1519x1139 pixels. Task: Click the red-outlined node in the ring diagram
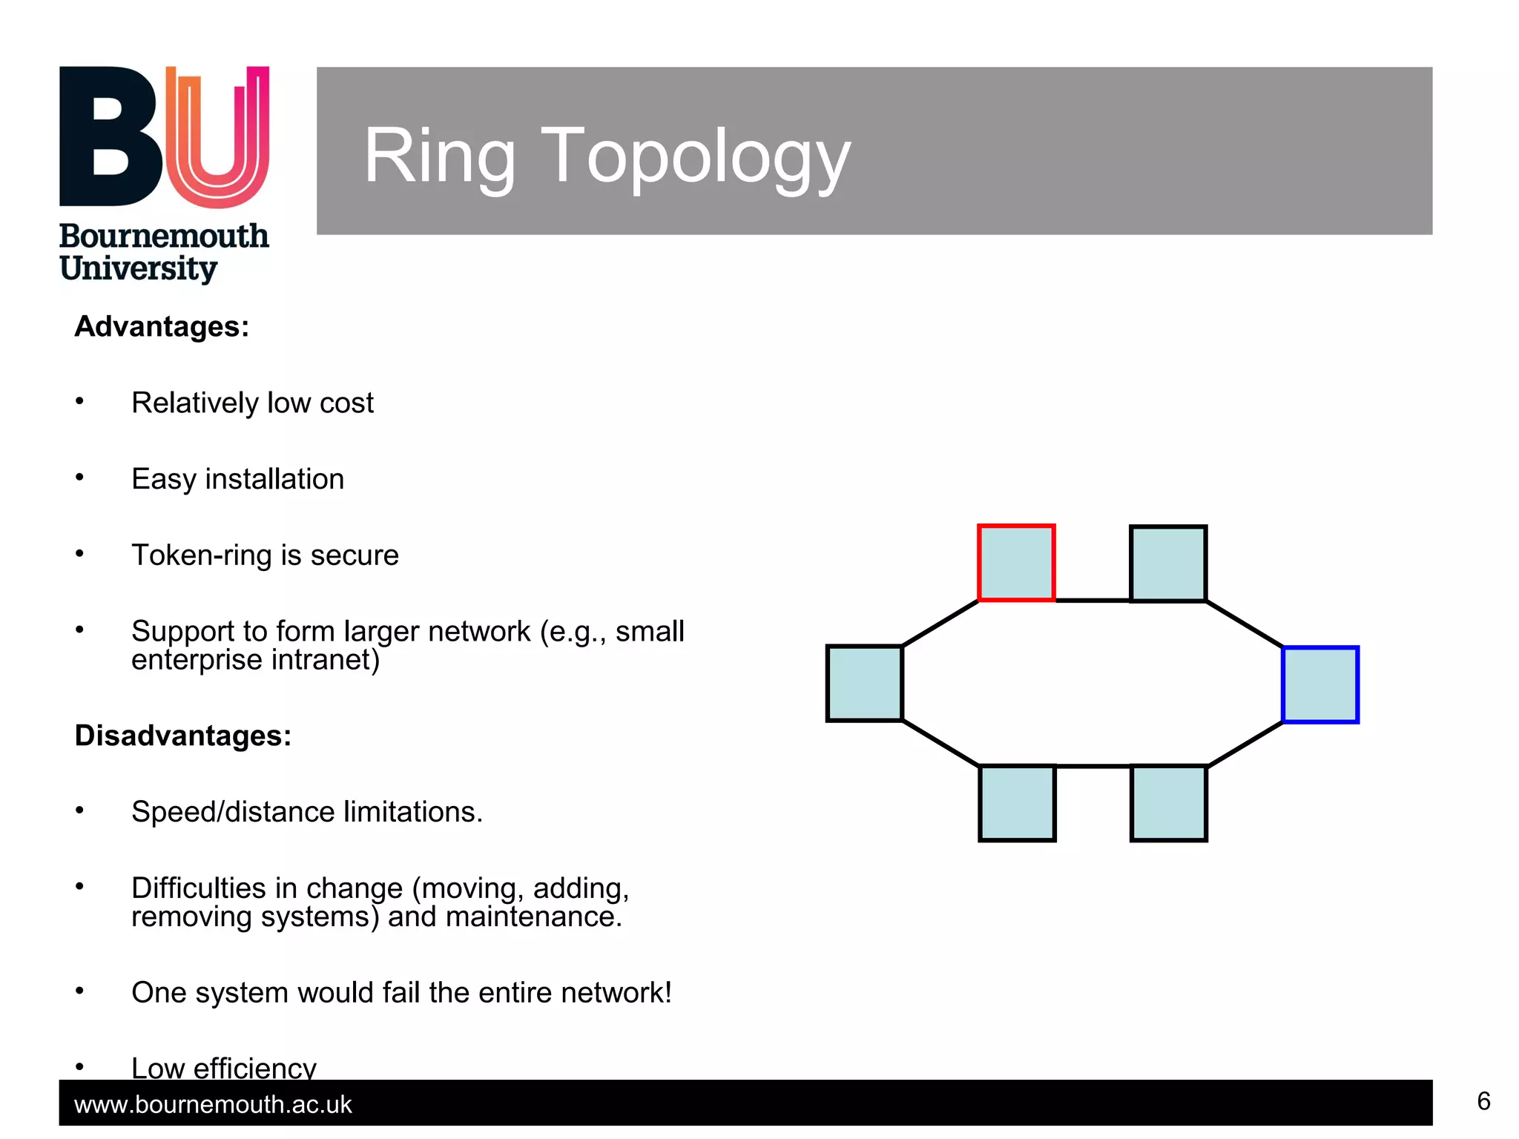(1016, 563)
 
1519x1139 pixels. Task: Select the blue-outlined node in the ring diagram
(1320, 684)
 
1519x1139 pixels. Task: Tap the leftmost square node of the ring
(865, 683)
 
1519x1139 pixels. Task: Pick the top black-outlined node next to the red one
(1168, 564)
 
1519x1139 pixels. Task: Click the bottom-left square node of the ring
(1017, 803)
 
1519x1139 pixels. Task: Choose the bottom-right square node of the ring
(1169, 803)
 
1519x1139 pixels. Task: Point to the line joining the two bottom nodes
(1093, 766)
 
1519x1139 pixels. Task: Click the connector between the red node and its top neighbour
(1093, 600)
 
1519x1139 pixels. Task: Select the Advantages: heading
(162, 327)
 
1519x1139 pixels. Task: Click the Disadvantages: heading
(183, 736)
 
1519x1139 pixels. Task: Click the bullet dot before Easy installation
(79, 478)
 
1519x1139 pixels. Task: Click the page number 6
(1483, 1101)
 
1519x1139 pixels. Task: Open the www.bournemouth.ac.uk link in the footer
(213, 1105)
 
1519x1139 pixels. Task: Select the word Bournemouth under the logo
(164, 237)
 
